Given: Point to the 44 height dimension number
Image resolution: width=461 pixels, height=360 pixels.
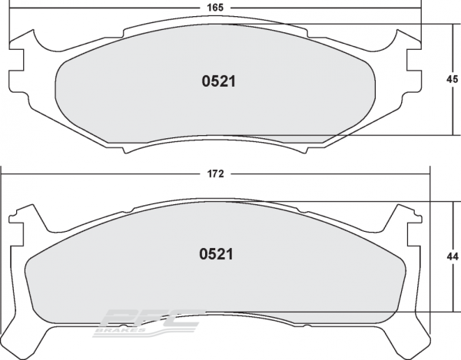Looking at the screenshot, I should [453, 258].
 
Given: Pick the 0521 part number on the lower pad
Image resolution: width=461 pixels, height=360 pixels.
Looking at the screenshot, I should [216, 253].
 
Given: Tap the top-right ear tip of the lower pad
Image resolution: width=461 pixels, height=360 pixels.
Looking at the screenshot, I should [401, 206].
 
